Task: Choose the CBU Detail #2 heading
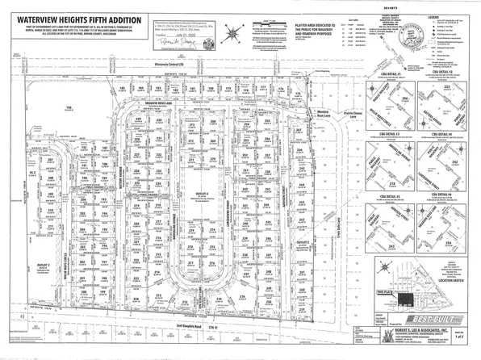click(446, 94)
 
